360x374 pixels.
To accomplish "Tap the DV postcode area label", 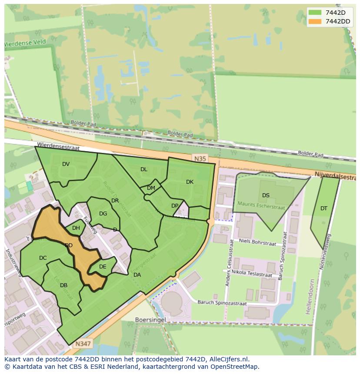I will click(66, 164).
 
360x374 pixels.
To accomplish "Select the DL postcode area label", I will click(144, 169).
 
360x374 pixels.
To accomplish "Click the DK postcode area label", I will click(190, 182).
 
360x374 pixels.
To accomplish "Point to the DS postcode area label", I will click(266, 195).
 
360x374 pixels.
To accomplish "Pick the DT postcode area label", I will click(324, 209).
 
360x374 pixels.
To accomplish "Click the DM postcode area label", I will click(151, 188).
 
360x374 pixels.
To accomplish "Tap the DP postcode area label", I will click(175, 206).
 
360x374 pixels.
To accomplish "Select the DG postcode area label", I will click(103, 214).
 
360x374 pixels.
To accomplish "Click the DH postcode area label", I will click(76, 228).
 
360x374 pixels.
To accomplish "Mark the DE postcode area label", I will click(103, 267).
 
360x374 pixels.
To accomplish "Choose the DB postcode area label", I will click(63, 285).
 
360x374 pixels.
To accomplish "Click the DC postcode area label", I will click(43, 258).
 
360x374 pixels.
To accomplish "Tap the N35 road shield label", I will click(200, 159).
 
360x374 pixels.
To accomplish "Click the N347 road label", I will click(82, 344).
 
